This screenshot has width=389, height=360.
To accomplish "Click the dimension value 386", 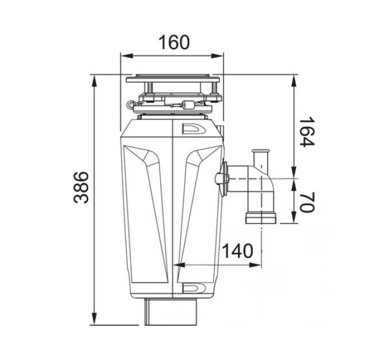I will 82,187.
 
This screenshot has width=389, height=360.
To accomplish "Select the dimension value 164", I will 307,132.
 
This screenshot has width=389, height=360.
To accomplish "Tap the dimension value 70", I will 307,202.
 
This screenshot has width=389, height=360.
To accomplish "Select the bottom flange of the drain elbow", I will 260,217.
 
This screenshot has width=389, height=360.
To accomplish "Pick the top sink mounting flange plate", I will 172,75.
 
